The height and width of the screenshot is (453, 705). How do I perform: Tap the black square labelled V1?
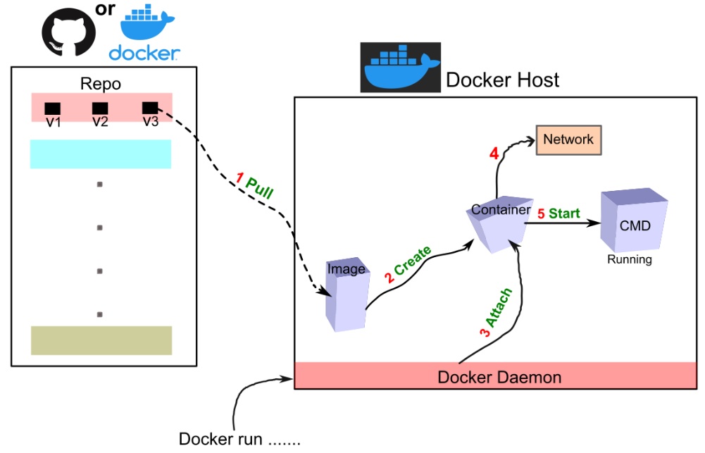53,108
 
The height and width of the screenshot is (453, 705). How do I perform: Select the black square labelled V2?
100,108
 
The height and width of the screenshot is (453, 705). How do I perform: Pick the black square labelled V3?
150,108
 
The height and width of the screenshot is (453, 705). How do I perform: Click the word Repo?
101,85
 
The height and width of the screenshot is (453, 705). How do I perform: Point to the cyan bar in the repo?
101,154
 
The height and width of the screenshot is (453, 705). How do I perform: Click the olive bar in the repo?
101,340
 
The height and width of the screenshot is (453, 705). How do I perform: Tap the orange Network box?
568,139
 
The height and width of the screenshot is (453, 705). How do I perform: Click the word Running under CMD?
630,260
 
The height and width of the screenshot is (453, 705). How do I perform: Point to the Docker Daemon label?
499,377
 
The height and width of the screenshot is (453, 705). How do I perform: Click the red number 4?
494,154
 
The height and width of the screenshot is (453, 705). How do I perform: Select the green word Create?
413,261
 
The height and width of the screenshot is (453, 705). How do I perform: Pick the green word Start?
565,213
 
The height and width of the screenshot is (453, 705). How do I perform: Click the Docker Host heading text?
503,80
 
